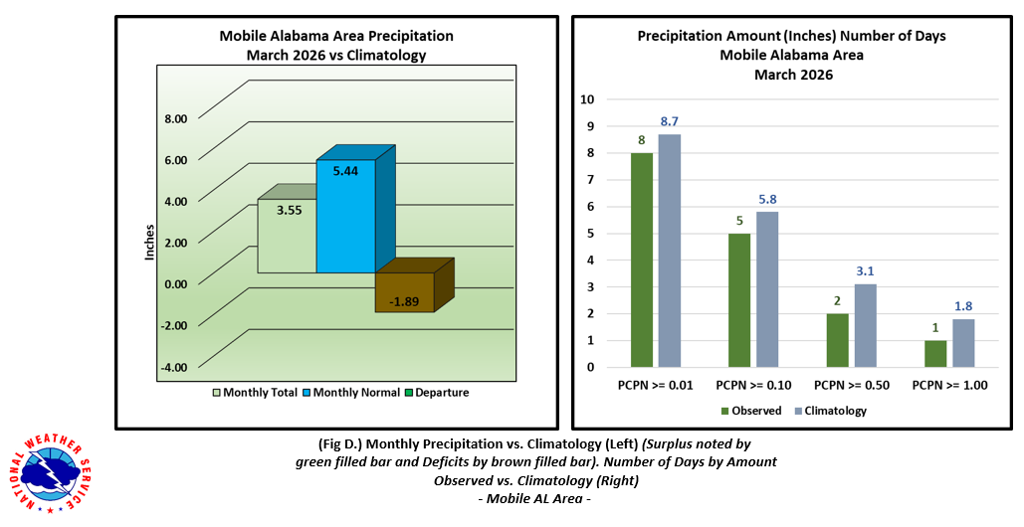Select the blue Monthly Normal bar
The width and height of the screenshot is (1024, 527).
345,219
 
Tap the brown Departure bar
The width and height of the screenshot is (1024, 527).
404,292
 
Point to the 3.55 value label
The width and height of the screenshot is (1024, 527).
289,211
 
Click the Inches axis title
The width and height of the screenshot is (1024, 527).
149,243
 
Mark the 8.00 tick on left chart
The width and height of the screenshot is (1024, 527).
175,118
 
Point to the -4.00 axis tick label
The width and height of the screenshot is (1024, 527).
174,368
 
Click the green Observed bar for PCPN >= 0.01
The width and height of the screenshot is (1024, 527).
641,260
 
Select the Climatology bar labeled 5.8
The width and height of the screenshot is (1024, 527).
767,289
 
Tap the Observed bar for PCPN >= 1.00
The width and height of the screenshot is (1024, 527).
934,354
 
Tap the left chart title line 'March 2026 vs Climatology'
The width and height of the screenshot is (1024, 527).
335,56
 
